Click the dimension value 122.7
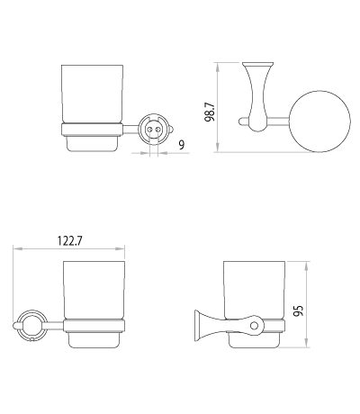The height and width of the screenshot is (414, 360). pos(69,241)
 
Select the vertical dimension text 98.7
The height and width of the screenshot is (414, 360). pos(210,112)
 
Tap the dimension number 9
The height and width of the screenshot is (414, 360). pos(182,145)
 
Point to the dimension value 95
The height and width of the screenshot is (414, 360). pos(299,310)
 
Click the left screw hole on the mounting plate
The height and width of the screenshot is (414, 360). pos(149,130)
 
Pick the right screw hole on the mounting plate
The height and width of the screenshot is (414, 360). pos(156,130)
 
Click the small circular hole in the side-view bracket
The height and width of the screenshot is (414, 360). pos(254,326)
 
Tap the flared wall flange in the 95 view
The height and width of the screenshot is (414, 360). pos(199,326)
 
